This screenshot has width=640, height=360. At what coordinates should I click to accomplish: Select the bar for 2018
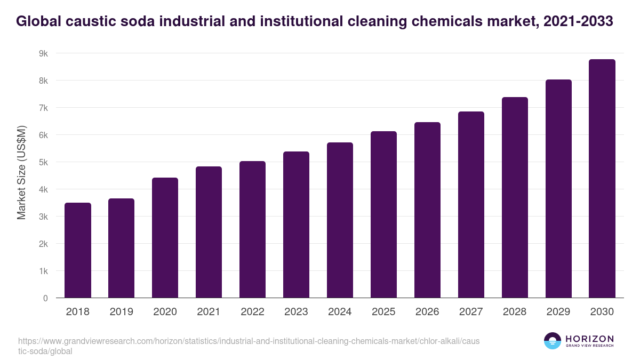[78, 250]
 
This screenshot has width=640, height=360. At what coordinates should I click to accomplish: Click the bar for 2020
[165, 238]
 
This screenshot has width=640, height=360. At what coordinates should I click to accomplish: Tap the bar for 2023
[296, 225]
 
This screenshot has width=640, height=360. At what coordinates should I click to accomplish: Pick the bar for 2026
[427, 210]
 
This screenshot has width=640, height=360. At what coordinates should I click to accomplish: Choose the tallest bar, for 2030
[602, 179]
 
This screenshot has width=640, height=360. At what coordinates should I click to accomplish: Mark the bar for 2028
[515, 197]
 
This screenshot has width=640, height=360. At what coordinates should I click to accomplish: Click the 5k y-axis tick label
[43, 162]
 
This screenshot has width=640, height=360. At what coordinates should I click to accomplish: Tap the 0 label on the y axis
[45, 298]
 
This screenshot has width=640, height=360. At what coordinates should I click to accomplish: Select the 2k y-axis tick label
[43, 244]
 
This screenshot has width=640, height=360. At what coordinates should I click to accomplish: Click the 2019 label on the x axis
[122, 312]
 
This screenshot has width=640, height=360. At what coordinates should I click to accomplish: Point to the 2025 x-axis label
[383, 312]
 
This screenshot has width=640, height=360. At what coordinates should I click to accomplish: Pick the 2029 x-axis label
[558, 312]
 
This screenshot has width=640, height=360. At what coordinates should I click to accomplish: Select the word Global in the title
[36, 21]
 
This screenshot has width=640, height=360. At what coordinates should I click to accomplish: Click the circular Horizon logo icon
[553, 341]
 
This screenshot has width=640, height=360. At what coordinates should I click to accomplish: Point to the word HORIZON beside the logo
[589, 338]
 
